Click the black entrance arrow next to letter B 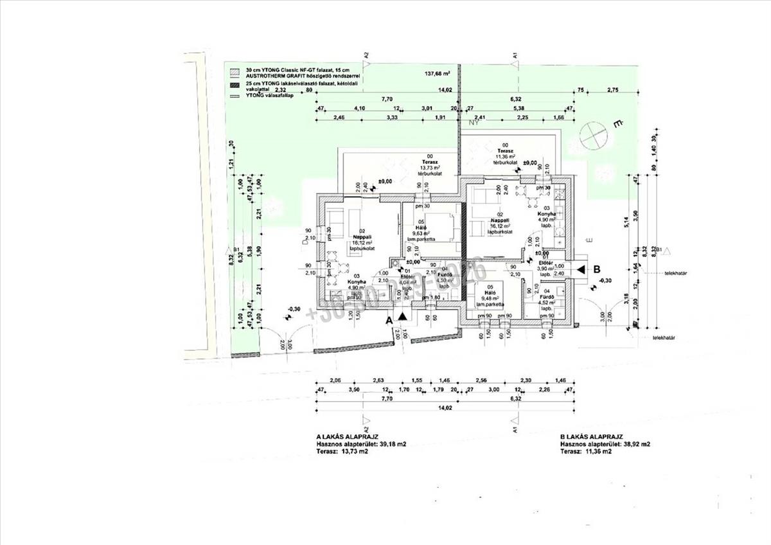pyautogui.click(x=580, y=269)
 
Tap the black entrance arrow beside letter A pyautogui.click(x=403, y=317)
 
